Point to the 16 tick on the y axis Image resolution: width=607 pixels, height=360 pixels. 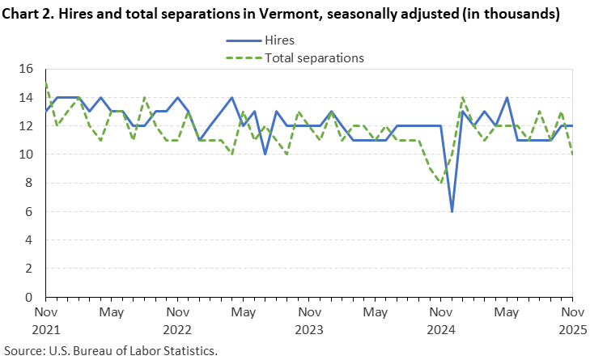point(26,69)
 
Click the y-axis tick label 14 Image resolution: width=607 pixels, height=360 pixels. point(26,97)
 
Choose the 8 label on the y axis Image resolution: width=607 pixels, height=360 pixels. point(30,183)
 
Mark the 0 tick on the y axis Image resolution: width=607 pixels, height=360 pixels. point(30,297)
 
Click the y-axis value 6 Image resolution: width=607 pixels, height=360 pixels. point(30,211)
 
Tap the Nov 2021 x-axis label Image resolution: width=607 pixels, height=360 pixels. point(46,320)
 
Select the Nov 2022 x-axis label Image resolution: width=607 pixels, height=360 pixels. point(177,320)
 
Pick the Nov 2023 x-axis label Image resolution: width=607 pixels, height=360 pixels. point(309,320)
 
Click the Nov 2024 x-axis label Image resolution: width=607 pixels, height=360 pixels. point(441,320)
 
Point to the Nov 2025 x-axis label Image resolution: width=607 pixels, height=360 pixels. point(572,320)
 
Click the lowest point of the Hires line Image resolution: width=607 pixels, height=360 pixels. point(452,211)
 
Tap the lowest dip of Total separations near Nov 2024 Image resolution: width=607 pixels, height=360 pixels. point(441,183)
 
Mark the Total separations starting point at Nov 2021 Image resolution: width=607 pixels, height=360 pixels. point(46,83)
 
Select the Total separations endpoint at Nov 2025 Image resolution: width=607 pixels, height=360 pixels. point(572,154)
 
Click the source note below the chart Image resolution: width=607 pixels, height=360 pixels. point(111,351)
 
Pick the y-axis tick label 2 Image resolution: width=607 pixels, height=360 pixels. point(30,269)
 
